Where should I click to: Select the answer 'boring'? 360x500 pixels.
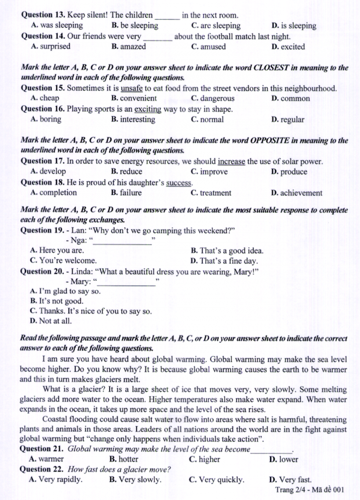click(x=50, y=119)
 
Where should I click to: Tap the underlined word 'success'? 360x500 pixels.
click(x=180, y=182)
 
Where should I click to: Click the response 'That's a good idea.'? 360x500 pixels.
click(x=232, y=251)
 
